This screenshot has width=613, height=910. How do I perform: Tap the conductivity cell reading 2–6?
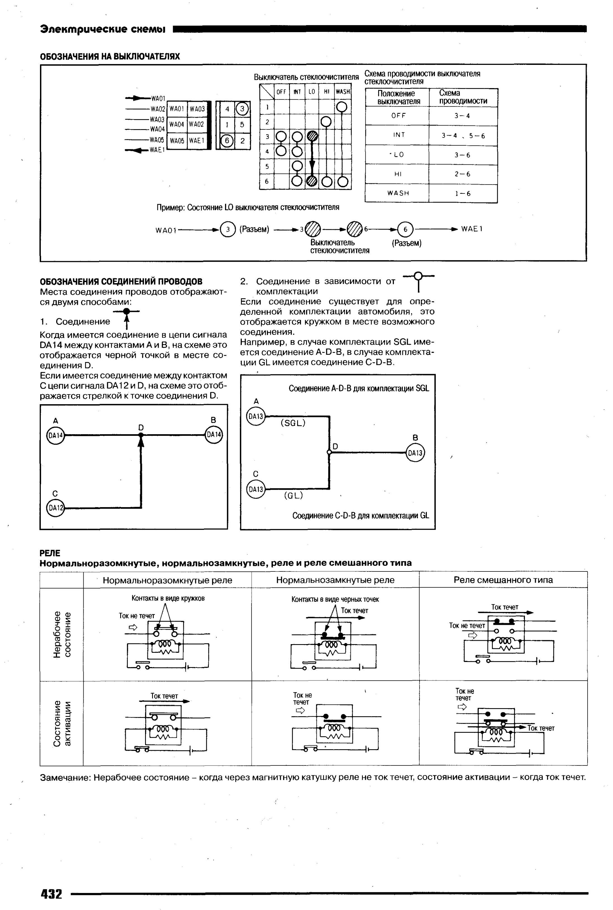pos(463,174)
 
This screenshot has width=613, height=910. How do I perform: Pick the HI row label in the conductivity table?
pos(397,174)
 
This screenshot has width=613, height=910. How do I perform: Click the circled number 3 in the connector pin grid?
pos(242,109)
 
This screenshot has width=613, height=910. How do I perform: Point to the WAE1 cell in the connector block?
pos(197,140)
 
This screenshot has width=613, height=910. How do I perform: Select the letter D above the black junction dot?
pos(141,427)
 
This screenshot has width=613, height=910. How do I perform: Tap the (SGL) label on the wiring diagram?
pos(293,423)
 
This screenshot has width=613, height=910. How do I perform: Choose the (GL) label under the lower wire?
pos(293,496)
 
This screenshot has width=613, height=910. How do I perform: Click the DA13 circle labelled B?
pos(415,453)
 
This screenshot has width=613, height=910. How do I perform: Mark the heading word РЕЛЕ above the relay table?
pos(50,553)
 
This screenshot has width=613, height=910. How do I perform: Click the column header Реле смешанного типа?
pos(503,580)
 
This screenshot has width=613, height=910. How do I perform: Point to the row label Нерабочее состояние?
pos(62,634)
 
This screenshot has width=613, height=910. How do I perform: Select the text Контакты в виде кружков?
pos(168,598)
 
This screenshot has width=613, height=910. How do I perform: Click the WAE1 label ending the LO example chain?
pos(472,229)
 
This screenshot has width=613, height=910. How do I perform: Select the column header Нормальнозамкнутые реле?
pos(335,580)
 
